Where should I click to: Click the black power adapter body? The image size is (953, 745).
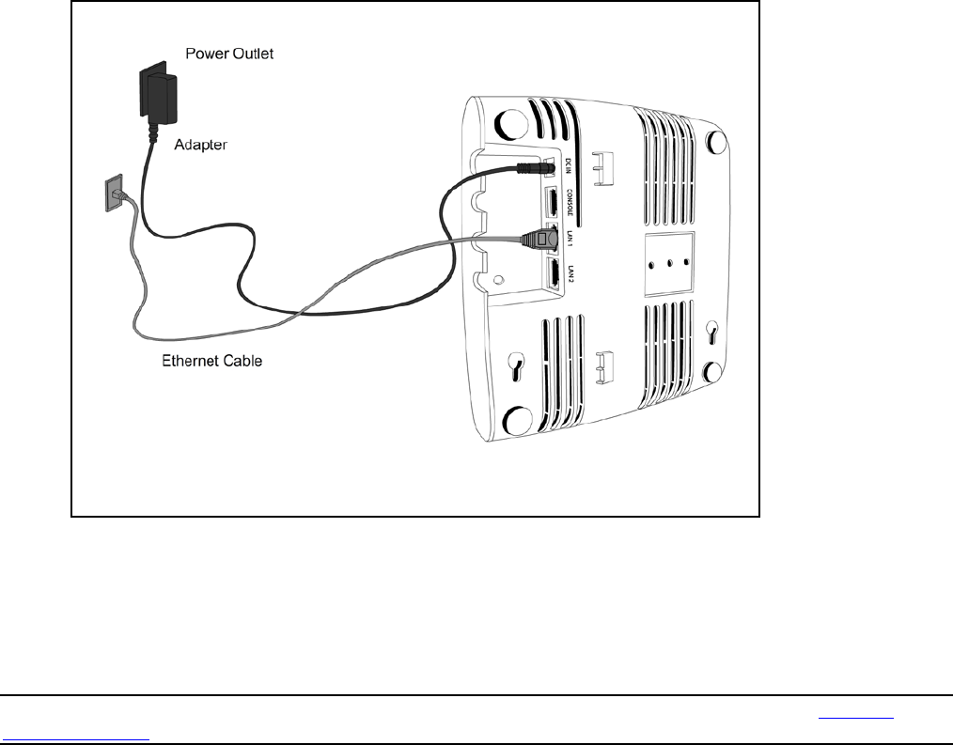click(x=157, y=92)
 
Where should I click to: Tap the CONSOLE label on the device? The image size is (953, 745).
click(x=570, y=205)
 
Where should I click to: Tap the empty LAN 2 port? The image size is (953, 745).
click(x=554, y=274)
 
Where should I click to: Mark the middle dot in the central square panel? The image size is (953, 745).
click(x=669, y=262)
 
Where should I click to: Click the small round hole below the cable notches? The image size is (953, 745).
click(x=499, y=278)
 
